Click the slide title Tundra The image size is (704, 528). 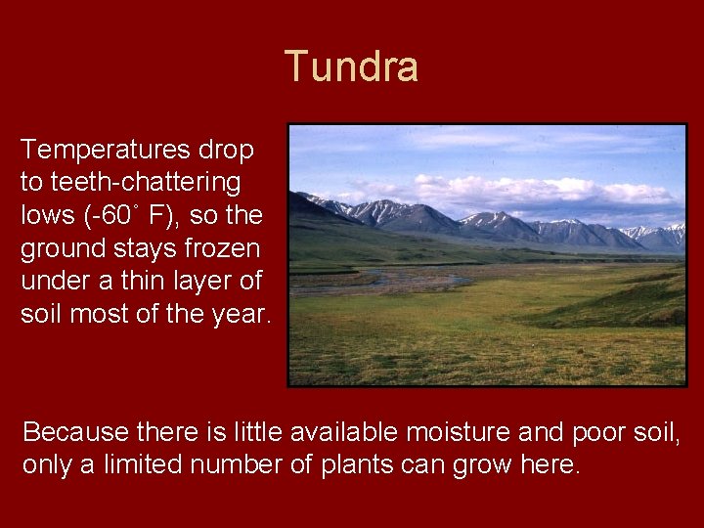click(x=352, y=67)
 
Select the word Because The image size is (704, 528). click(x=67, y=431)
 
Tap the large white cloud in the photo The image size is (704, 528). click(x=508, y=188)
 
